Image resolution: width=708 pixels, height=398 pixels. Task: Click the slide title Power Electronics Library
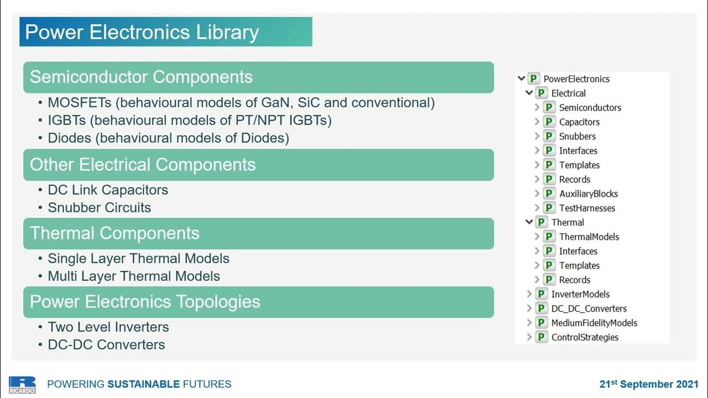[142, 32]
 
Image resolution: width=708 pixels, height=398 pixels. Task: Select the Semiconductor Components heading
[141, 77]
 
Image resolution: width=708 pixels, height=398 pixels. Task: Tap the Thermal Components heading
[114, 233]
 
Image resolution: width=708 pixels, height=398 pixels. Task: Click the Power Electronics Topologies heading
[145, 302]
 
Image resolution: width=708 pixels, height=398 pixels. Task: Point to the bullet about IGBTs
[189, 121]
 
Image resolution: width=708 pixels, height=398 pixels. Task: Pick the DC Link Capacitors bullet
[108, 190]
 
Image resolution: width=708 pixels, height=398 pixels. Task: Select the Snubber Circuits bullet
[99, 208]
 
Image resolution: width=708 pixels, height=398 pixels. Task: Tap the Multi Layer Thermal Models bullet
[134, 276]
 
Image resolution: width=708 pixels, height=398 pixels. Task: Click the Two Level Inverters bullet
[108, 327]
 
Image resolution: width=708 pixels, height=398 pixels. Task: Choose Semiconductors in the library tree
[590, 108]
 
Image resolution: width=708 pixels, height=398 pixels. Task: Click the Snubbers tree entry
[577, 137]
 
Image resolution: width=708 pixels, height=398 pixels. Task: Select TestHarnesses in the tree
[587, 208]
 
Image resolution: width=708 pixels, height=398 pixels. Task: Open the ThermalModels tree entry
[589, 237]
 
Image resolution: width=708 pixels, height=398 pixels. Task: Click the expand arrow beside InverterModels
[529, 294]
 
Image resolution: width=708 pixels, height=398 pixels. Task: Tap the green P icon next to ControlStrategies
[542, 337]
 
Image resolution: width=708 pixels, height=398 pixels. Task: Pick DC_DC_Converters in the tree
[589, 308]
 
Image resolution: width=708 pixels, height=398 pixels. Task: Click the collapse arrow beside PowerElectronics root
[521, 78]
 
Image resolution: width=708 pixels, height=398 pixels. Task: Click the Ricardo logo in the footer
[22, 384]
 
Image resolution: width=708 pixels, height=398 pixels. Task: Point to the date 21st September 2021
[649, 384]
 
